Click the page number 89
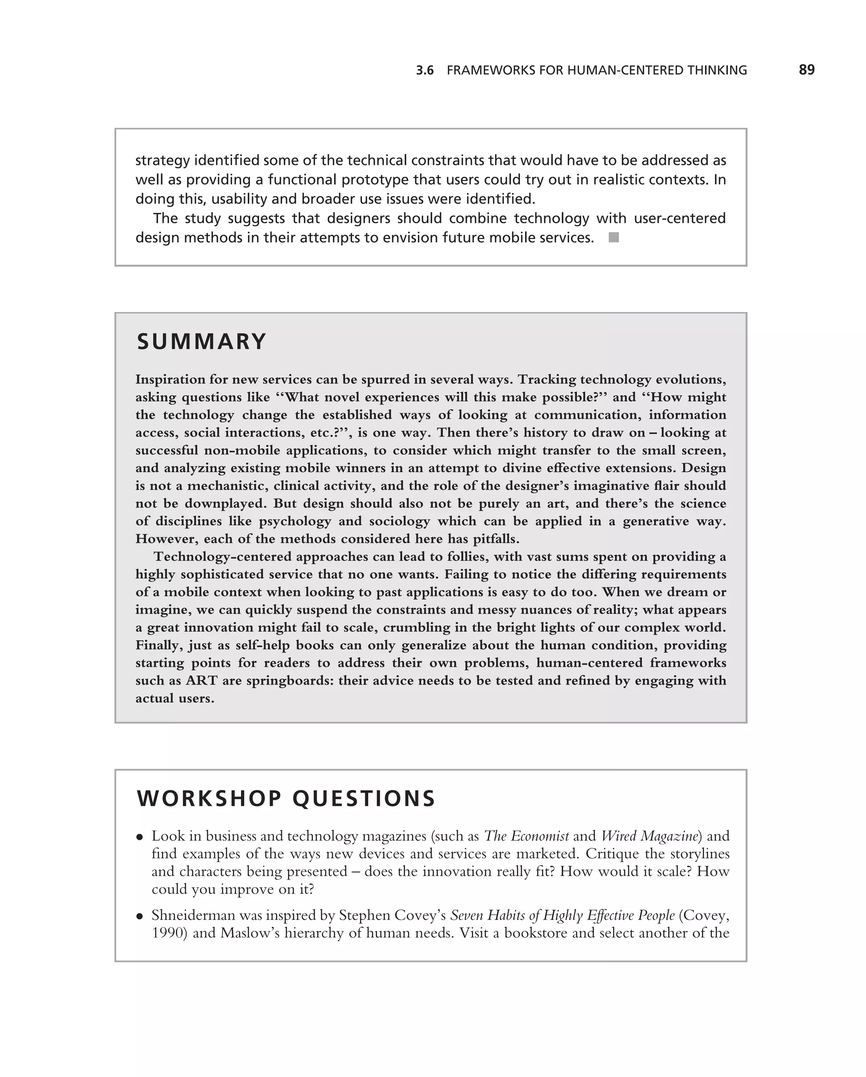coord(806,70)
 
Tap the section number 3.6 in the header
coord(425,71)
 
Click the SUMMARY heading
coord(201,342)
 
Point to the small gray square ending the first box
coord(614,238)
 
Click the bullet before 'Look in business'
coord(140,837)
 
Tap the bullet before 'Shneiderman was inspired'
coord(140,917)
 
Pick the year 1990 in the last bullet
coord(169,933)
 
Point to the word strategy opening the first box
coord(162,161)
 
